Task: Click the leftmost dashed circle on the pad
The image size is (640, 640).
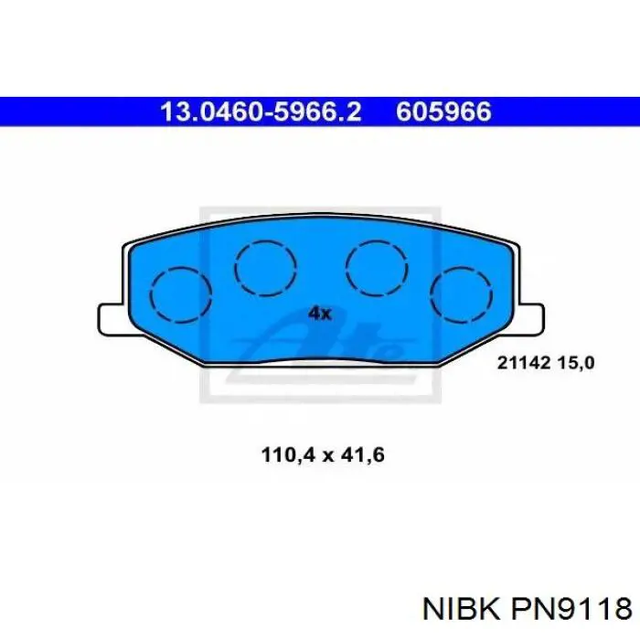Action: (x=180, y=295)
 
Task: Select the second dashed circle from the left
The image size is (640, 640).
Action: (x=265, y=267)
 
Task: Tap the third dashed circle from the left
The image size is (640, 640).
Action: (x=376, y=267)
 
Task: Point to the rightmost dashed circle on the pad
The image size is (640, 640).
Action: (x=461, y=295)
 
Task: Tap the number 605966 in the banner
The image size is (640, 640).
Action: (x=443, y=112)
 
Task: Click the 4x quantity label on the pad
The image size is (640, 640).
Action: (x=319, y=314)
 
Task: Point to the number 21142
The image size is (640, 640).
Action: (x=523, y=362)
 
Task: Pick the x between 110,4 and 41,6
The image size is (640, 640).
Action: (x=321, y=453)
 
